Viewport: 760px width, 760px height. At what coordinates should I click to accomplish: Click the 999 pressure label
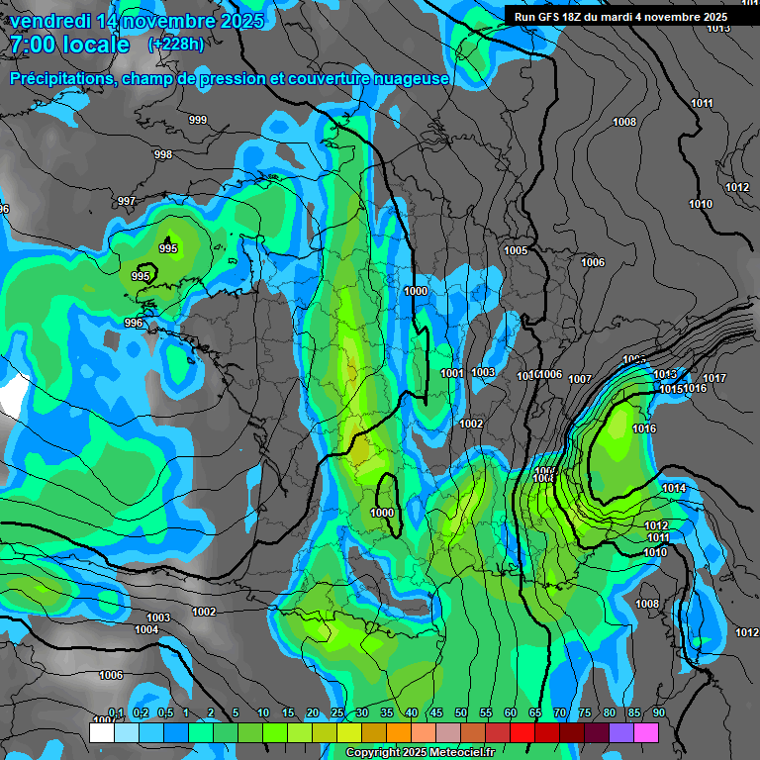pyautogui.click(x=198, y=120)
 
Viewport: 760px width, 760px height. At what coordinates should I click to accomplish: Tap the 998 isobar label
pyautogui.click(x=163, y=154)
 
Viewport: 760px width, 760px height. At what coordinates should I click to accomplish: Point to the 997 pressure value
pyautogui.click(x=127, y=201)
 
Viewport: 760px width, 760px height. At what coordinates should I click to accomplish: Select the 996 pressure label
pyautogui.click(x=134, y=323)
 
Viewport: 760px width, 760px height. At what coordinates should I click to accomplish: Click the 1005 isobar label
pyautogui.click(x=516, y=250)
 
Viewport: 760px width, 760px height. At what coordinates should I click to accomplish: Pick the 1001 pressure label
pyautogui.click(x=452, y=373)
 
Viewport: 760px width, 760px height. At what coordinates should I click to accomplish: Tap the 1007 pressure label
pyautogui.click(x=580, y=379)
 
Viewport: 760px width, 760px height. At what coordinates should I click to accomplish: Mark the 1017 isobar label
pyautogui.click(x=714, y=378)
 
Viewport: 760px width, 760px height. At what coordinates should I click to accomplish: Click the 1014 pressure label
pyautogui.click(x=674, y=488)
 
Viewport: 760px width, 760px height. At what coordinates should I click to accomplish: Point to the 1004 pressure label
pyautogui.click(x=146, y=629)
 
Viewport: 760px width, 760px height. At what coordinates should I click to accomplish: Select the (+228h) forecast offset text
pyautogui.click(x=176, y=45)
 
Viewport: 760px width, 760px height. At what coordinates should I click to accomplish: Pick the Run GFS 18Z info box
pyautogui.click(x=620, y=16)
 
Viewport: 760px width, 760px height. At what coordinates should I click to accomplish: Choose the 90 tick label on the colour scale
pyautogui.click(x=658, y=712)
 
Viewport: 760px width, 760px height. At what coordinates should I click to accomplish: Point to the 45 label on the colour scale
pyautogui.click(x=436, y=712)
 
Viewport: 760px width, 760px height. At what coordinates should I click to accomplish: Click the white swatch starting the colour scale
pyautogui.click(x=101, y=732)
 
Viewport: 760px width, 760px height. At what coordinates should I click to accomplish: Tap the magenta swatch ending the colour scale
pyautogui.click(x=645, y=732)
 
